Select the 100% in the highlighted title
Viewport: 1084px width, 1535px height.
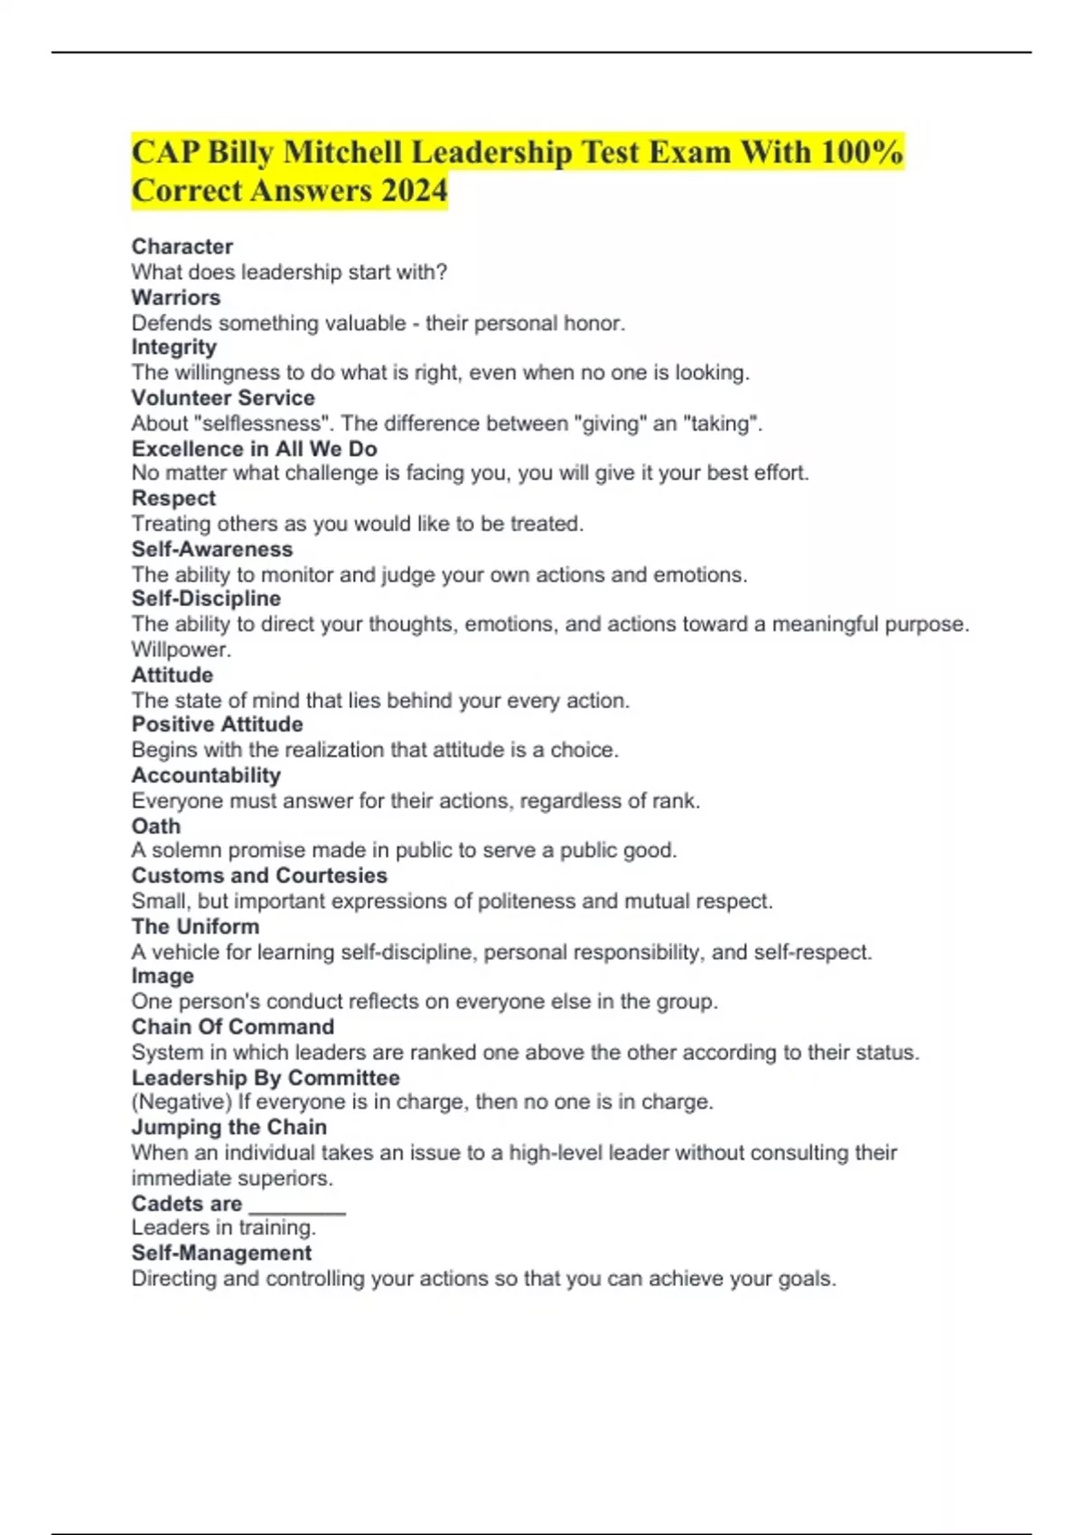tap(862, 152)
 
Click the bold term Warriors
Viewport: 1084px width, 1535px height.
tap(176, 297)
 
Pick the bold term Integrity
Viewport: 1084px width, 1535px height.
tap(174, 348)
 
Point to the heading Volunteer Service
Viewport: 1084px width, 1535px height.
tap(223, 398)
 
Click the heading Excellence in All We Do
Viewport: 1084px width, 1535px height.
tap(254, 449)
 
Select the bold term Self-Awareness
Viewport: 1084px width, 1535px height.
tap(212, 549)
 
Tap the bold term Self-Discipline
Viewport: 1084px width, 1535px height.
tap(206, 599)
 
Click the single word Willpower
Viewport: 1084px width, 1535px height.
tap(181, 649)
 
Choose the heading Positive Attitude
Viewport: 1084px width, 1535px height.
tap(217, 724)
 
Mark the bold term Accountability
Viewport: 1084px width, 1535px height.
tap(206, 775)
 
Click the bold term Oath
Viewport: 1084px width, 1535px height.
tap(156, 826)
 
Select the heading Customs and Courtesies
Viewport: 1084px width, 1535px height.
tap(259, 876)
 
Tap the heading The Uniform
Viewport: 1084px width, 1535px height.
tap(195, 926)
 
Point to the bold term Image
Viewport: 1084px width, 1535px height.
tap(163, 976)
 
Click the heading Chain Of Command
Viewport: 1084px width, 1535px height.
tap(233, 1027)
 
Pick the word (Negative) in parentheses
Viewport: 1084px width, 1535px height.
tap(182, 1102)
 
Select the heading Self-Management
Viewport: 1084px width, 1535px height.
tap(221, 1253)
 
